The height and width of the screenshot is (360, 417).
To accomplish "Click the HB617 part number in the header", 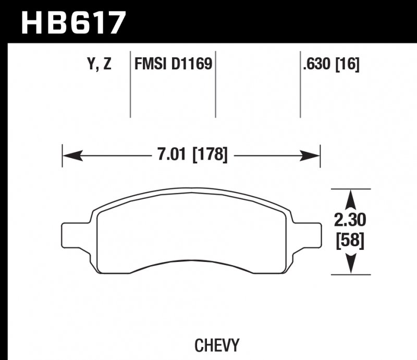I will coord(73,21).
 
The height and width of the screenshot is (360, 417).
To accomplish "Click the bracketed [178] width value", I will coord(210,155).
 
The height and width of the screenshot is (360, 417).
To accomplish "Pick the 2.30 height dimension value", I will coord(350,221).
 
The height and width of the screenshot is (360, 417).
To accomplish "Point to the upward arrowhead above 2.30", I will coord(351,198).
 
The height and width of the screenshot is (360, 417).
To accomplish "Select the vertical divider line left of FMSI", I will coord(130,86).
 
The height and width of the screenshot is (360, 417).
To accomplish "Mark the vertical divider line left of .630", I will coord(300,86).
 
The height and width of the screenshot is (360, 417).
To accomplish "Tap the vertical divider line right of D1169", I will coord(215,86).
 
